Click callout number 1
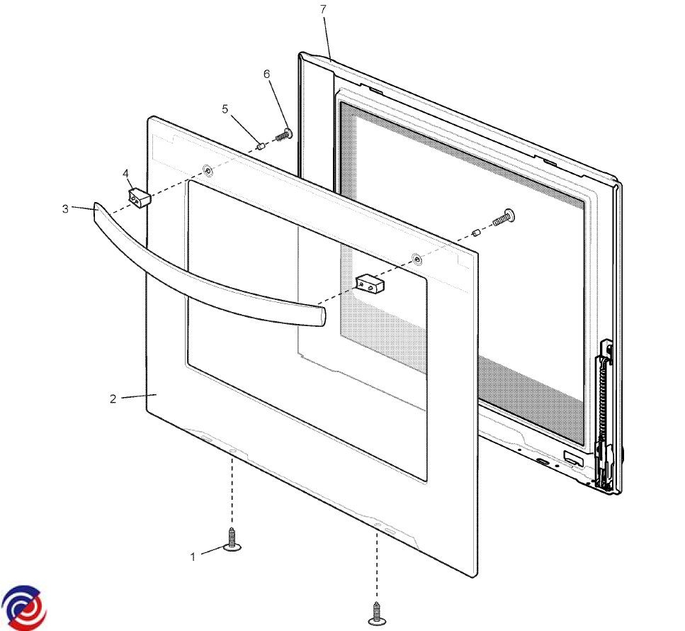(193, 557)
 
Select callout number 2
(113, 398)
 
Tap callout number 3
(65, 208)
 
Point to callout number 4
(126, 174)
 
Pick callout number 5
(225, 109)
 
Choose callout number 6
(267, 74)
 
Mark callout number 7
(323, 9)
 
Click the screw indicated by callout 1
(232, 540)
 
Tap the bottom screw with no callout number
(377, 614)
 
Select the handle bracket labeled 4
(140, 197)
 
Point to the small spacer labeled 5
(261, 145)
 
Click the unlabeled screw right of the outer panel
(504, 218)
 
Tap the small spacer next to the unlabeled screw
(477, 231)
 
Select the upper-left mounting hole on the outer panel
(208, 169)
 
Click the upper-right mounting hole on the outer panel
(418, 259)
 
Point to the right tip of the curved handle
(325, 315)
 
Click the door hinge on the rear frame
(606, 416)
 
